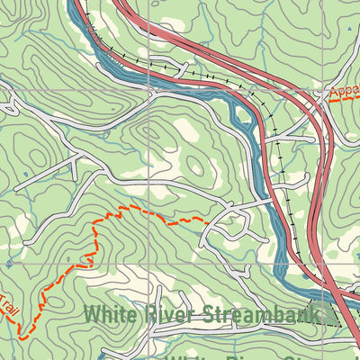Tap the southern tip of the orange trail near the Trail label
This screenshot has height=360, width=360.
click(20, 337)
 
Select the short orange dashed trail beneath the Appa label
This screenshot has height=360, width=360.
click(337, 100)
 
